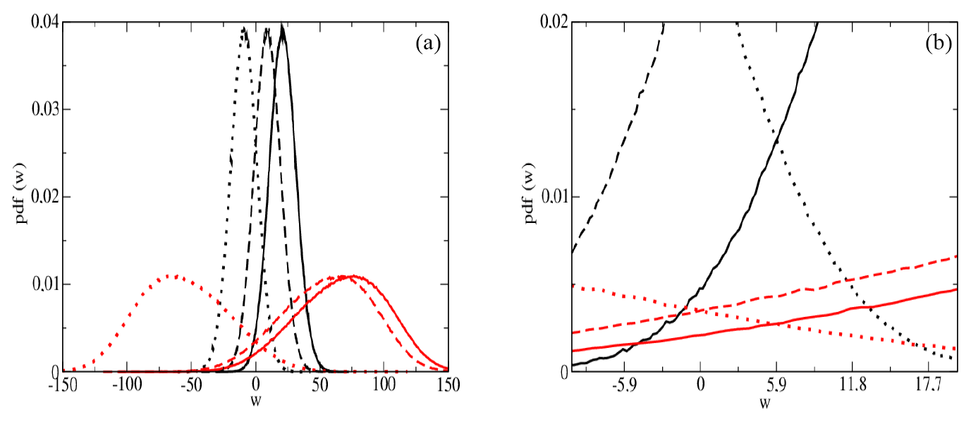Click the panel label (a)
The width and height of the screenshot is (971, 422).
[428, 44]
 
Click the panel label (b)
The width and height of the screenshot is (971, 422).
[937, 44]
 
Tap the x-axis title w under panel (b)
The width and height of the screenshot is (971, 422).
[764, 404]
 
